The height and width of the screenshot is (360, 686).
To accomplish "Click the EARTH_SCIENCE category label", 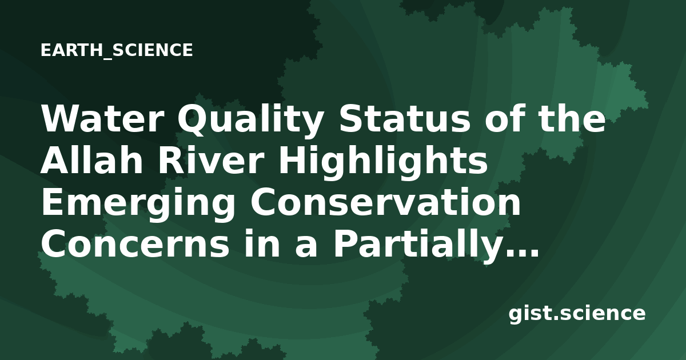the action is coord(117,50).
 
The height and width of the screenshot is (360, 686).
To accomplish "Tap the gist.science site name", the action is coord(577,314).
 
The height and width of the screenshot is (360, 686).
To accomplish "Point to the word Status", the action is coord(404,119).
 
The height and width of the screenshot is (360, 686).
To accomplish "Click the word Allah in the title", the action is coord(92,160).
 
